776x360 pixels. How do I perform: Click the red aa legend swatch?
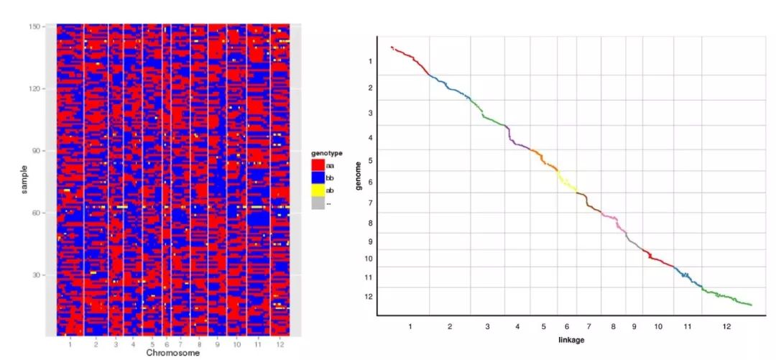318,165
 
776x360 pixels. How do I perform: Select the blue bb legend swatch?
318,177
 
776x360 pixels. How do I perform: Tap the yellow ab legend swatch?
318,190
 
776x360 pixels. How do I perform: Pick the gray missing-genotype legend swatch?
318,203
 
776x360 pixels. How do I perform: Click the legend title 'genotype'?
326,153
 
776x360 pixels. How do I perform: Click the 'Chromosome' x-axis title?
173,354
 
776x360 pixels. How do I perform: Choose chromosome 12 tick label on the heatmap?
280,345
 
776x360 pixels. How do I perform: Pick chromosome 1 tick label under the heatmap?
70,345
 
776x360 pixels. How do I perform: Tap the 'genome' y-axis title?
359,177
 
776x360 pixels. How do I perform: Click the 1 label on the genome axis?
370,62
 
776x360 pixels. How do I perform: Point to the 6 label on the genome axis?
370,183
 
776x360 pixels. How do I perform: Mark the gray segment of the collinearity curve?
633,240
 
